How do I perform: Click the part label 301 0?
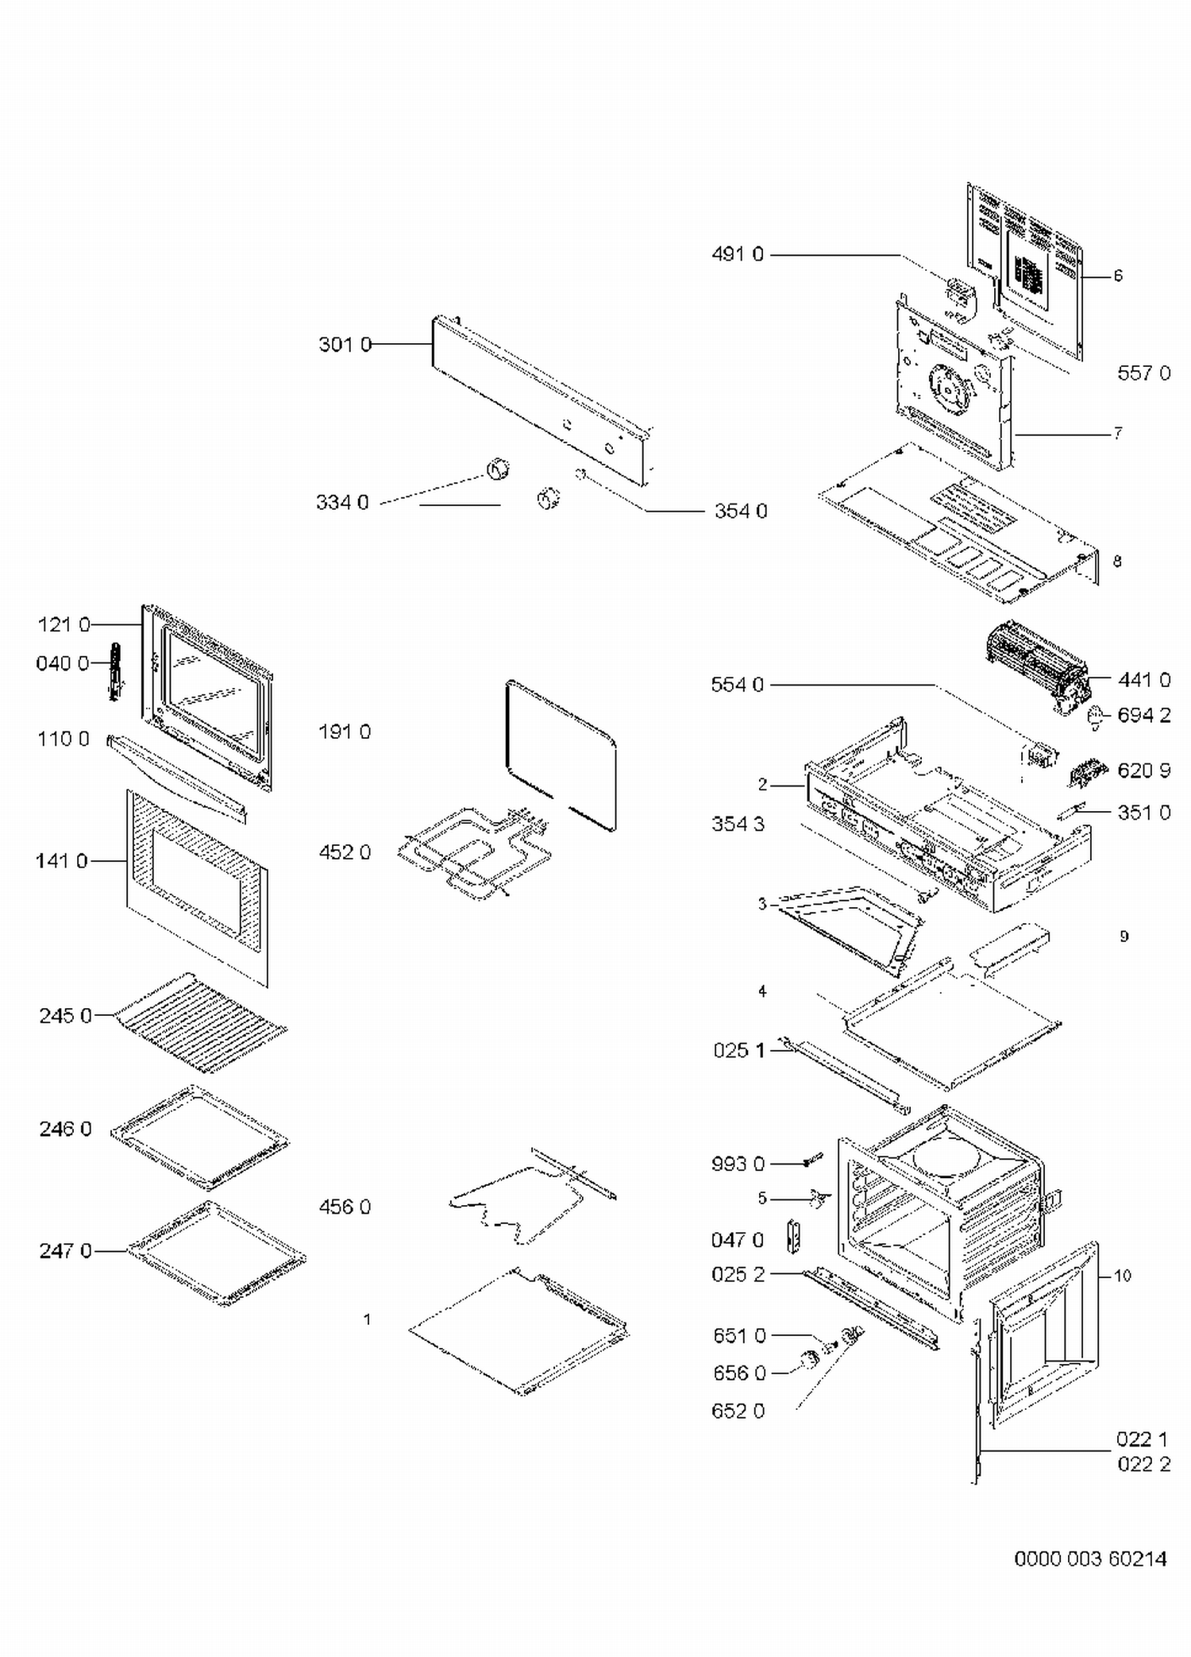pos(345,345)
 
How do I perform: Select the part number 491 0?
pos(738,254)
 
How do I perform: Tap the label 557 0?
pos(1143,373)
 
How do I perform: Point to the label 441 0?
pos(1143,680)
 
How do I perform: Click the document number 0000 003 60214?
pos(1090,1559)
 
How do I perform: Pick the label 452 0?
pos(345,852)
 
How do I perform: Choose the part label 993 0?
pos(738,1164)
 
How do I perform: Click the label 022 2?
pos(1143,1464)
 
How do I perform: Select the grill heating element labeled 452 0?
pos(472,852)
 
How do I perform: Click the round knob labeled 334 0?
pos(498,469)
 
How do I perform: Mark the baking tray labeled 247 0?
pos(216,1253)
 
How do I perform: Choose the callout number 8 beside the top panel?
pos(1117,562)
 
